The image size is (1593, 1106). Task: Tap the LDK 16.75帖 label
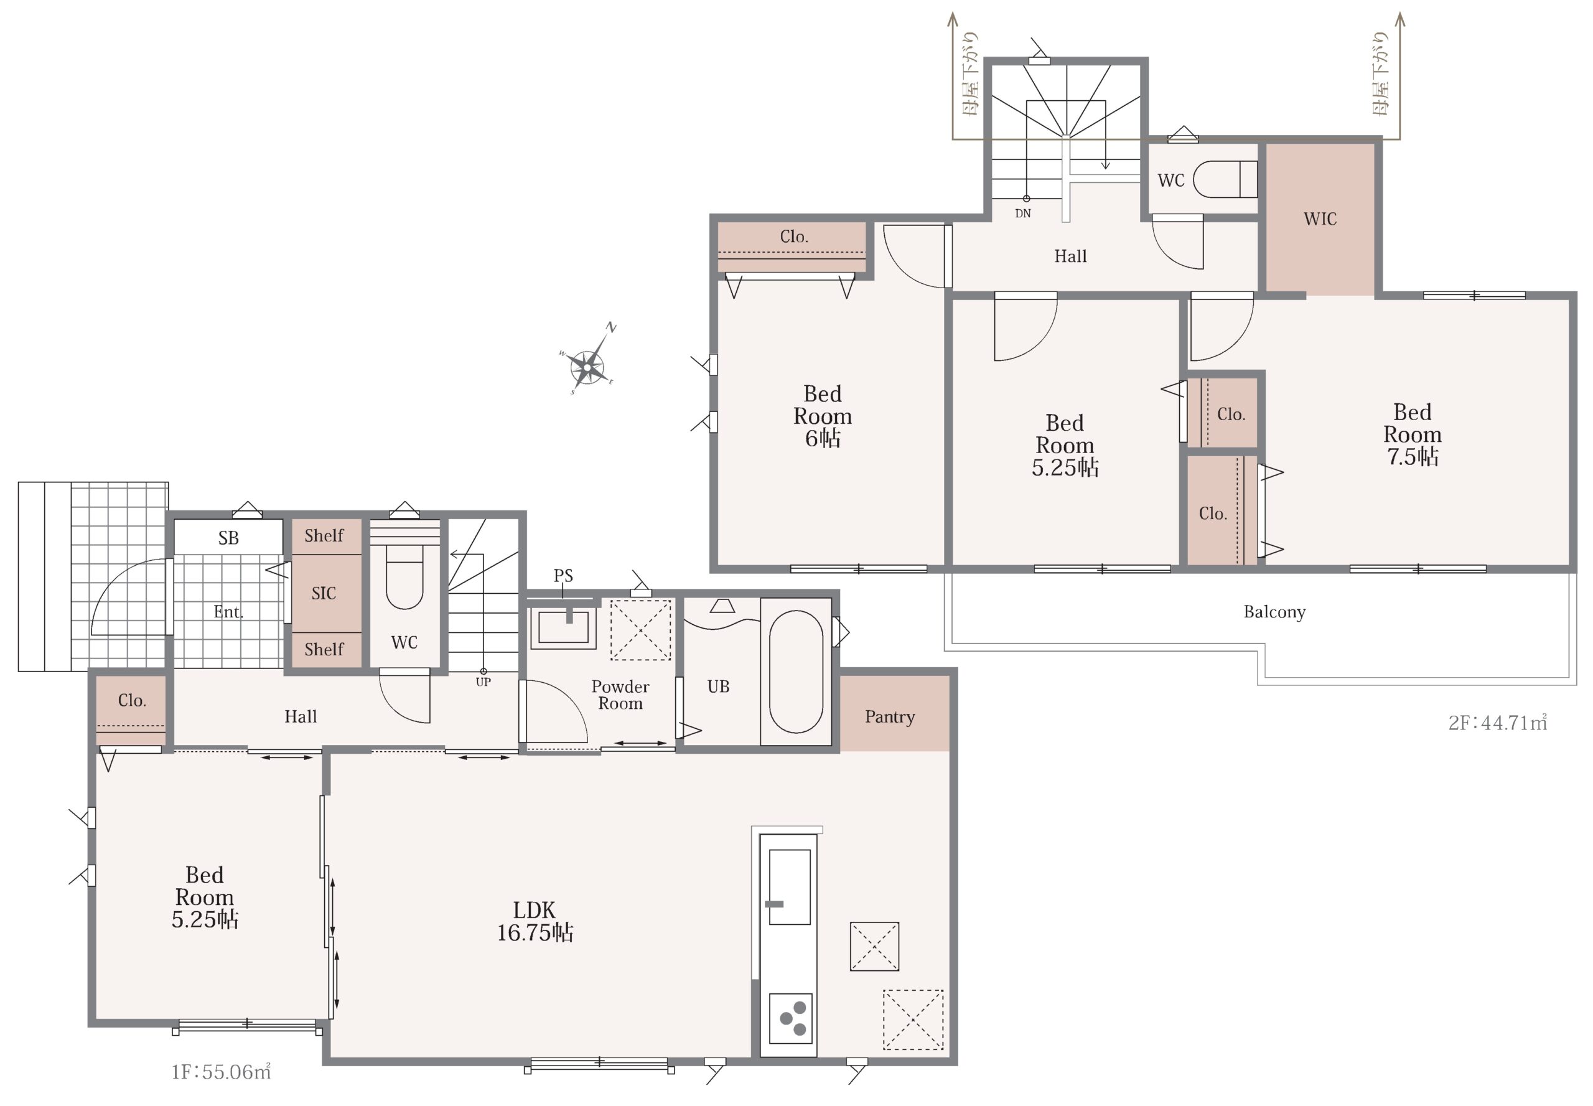coord(535,921)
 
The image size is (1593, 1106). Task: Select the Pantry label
coord(890,717)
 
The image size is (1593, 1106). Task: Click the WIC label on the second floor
coord(1320,219)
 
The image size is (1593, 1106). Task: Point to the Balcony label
coord(1274,612)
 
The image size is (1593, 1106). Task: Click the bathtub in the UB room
coord(795,672)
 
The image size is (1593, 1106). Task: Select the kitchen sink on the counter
coord(789,887)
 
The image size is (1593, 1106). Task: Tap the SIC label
coord(324,593)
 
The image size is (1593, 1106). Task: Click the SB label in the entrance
coord(228,538)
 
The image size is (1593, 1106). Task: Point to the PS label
coord(563,575)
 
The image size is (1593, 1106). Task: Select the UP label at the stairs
coord(483,682)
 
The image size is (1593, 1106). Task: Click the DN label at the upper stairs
coord(1023,213)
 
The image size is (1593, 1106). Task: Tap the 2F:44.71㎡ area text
coord(1497,723)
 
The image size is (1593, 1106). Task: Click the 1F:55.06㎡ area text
coord(221,1072)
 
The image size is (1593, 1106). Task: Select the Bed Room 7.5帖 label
coord(1412,434)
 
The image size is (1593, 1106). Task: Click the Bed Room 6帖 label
coord(823,416)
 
